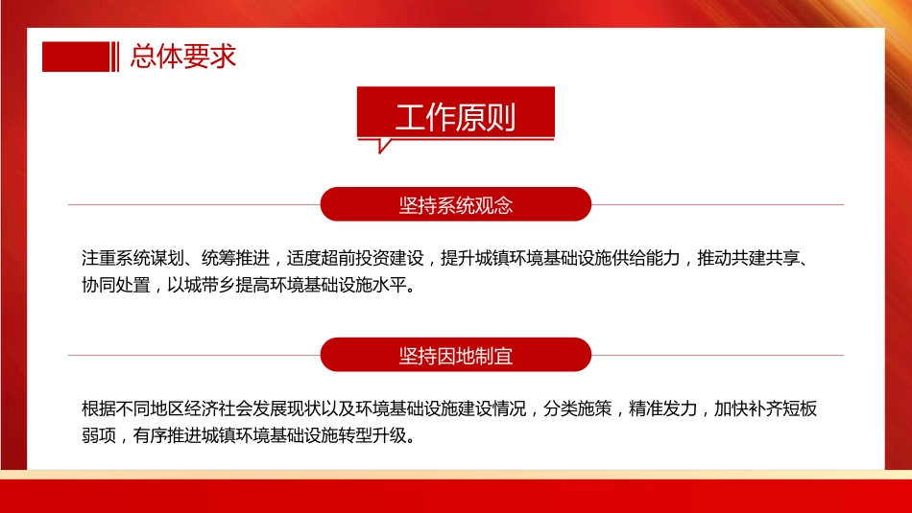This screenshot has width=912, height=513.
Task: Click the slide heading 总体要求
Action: tap(183, 57)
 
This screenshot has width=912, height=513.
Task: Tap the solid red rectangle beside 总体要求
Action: tap(76, 57)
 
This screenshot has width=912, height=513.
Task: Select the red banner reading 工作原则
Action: tap(455, 116)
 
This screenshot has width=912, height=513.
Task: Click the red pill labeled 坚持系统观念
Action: tap(455, 205)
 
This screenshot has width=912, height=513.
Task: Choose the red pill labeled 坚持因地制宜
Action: tap(455, 356)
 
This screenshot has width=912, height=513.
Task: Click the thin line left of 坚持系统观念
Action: tap(192, 205)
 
